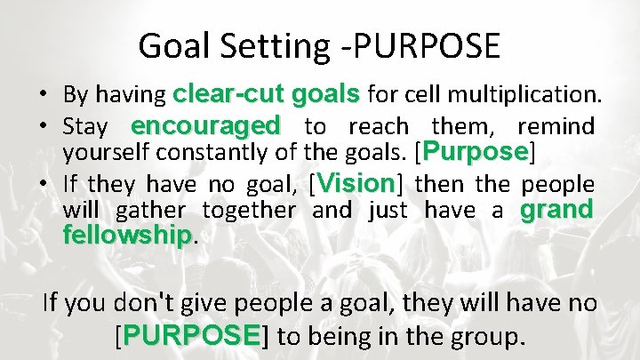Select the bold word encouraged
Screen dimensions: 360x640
pyautogui.click(x=205, y=124)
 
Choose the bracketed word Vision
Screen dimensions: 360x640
pyautogui.click(x=355, y=184)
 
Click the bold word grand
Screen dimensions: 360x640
pyautogui.click(x=557, y=211)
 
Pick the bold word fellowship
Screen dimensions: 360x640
pyautogui.click(x=127, y=236)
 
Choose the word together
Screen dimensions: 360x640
pyautogui.click(x=248, y=211)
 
